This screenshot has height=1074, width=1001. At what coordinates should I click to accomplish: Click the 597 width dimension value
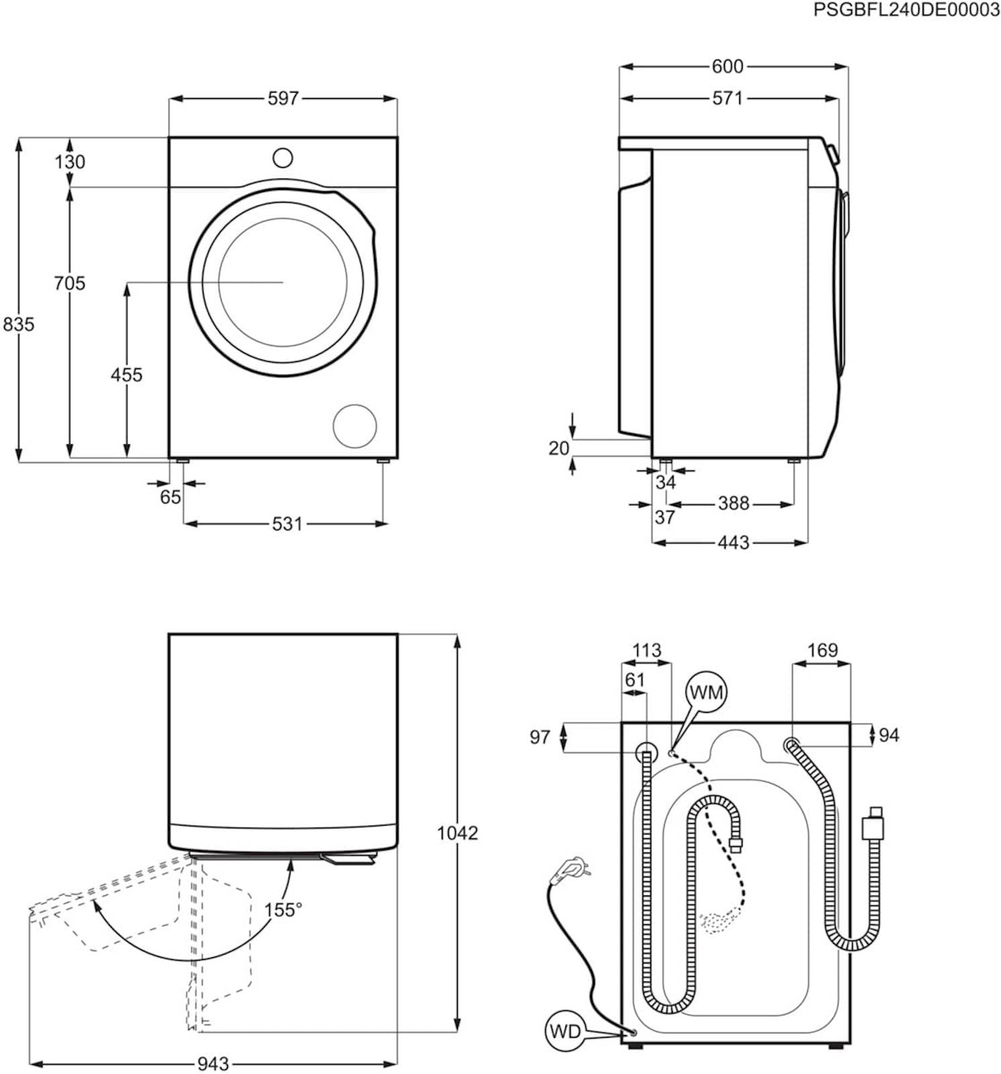(x=283, y=99)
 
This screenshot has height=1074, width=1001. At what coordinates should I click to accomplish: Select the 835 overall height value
(x=18, y=324)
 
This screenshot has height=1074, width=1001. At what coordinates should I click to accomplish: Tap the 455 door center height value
(x=126, y=375)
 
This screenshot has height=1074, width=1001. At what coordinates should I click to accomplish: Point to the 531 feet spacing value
(x=287, y=524)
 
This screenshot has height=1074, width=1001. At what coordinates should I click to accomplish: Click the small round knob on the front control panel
(x=283, y=158)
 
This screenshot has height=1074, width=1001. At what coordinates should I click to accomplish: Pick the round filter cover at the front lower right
(x=355, y=426)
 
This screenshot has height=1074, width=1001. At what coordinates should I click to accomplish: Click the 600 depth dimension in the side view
(x=728, y=66)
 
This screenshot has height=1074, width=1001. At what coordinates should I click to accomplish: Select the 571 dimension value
(x=728, y=99)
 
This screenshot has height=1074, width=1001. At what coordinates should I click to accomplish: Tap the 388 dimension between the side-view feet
(x=733, y=503)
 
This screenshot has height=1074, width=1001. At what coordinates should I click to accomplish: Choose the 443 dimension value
(x=733, y=542)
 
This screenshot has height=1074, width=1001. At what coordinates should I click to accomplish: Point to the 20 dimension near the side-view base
(x=559, y=448)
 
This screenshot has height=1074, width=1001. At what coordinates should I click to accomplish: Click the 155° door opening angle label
(x=283, y=910)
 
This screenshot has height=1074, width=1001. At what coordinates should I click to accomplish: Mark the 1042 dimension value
(x=457, y=833)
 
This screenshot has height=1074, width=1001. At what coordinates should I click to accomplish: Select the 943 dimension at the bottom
(x=213, y=1064)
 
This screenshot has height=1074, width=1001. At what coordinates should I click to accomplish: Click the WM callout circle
(x=706, y=691)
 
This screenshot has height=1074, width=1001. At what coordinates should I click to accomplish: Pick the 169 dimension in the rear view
(x=822, y=650)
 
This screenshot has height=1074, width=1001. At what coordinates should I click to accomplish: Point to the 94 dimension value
(x=888, y=735)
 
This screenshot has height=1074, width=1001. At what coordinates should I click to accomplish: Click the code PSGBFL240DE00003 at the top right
(x=906, y=9)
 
